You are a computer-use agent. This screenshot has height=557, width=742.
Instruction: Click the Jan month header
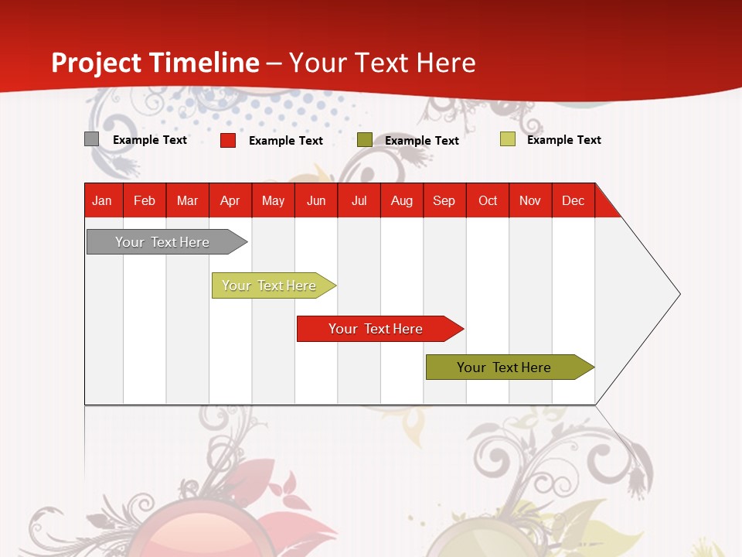point(102,200)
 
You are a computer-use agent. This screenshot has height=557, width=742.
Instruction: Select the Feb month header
point(145,200)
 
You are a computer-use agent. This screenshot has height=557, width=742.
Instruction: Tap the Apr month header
point(230,200)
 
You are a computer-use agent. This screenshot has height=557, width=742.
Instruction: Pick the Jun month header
point(316,200)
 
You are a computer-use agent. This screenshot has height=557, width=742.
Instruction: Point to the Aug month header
point(402,200)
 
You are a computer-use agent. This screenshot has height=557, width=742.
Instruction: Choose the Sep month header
point(444,200)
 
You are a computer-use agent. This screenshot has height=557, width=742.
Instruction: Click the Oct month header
point(488,200)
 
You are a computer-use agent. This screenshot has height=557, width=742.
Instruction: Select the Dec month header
point(574,200)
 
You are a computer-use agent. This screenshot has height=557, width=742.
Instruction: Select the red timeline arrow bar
point(376,329)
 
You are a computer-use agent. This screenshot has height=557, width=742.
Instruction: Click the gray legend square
point(91,139)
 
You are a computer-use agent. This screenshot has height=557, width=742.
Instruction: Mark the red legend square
point(228,140)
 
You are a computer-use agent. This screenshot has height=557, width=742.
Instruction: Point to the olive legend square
point(365,140)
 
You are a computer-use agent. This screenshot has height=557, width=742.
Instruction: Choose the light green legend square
point(507,139)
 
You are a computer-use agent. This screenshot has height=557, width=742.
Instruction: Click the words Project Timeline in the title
point(155,63)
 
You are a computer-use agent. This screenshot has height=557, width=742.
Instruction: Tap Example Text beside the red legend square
point(286,141)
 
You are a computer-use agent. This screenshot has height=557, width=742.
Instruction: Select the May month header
point(273,200)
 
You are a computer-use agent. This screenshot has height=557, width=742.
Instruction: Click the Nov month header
point(530,200)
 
